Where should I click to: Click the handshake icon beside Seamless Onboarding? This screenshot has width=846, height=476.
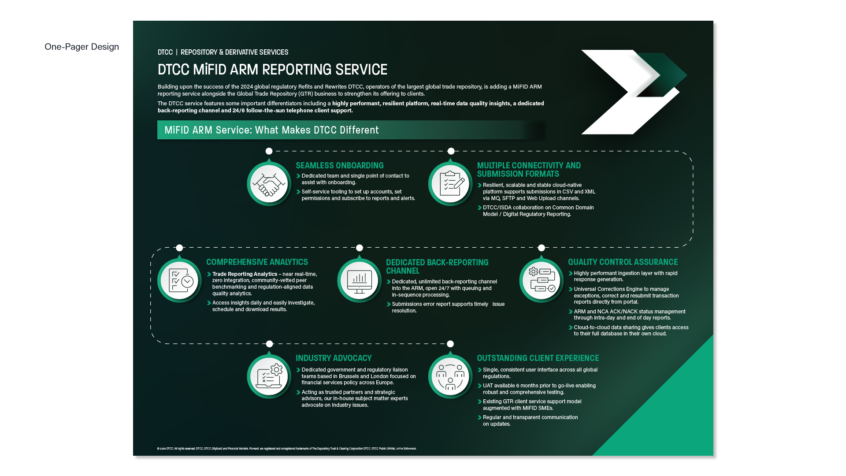pyautogui.click(x=269, y=183)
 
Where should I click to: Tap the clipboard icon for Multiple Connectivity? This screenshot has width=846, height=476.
pyautogui.click(x=450, y=183)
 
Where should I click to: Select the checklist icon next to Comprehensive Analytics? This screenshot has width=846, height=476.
pyautogui.click(x=179, y=280)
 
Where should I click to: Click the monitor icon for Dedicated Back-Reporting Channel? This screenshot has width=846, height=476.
pyautogui.click(x=359, y=280)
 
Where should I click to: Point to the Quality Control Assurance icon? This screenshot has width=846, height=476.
pyautogui.click(x=541, y=280)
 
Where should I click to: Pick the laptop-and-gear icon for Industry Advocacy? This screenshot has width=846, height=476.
pyautogui.click(x=269, y=376)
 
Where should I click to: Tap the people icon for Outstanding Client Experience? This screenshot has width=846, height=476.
pyautogui.click(x=450, y=376)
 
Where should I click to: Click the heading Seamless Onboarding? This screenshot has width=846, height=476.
pyautogui.click(x=339, y=166)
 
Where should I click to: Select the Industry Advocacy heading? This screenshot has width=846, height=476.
pyautogui.click(x=334, y=358)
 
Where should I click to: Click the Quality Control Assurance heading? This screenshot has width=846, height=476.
pyautogui.click(x=623, y=262)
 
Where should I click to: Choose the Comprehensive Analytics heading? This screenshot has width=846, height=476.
pyautogui.click(x=257, y=262)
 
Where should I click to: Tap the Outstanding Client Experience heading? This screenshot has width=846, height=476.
pyautogui.click(x=538, y=358)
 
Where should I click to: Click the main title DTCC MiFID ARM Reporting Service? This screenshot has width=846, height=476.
pyautogui.click(x=272, y=70)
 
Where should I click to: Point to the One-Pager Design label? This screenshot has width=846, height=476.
pyautogui.click(x=82, y=47)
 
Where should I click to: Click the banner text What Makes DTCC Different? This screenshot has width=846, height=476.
pyautogui.click(x=271, y=130)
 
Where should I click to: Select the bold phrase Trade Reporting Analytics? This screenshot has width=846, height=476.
pyautogui.click(x=245, y=274)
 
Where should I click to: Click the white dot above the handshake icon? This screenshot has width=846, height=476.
pyautogui.click(x=269, y=151)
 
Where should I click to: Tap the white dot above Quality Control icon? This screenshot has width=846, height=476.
pyautogui.click(x=542, y=248)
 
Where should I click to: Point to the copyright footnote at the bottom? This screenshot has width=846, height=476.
pyautogui.click(x=286, y=449)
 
